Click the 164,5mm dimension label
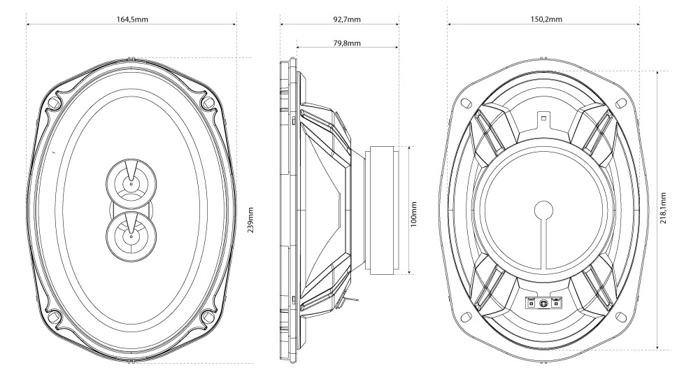coord(131,20)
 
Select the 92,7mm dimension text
coord(346,20)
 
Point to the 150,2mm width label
coord(546,20)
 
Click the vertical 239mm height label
coord(250,220)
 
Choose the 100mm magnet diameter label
coord(413,214)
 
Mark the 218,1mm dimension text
coord(663,208)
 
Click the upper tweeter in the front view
coord(131,184)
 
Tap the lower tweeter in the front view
coord(131,236)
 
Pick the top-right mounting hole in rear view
coord(620,104)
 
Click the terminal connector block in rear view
coord(544,303)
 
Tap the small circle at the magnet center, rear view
coord(544,209)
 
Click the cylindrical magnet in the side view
coord(383,210)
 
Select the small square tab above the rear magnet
coord(544,118)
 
